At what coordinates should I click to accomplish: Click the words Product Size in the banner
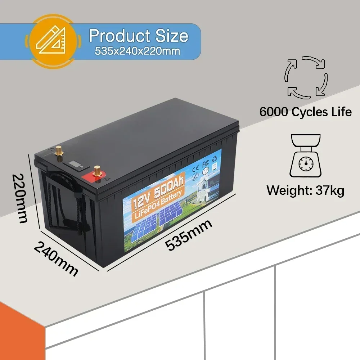pyautogui.click(x=138, y=36)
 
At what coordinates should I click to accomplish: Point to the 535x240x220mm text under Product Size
pyautogui.click(x=138, y=51)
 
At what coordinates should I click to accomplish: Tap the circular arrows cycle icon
pyautogui.click(x=306, y=77)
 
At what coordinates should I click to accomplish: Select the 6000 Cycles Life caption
pyautogui.click(x=305, y=112)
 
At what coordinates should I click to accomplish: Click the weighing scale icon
pyautogui.click(x=306, y=156)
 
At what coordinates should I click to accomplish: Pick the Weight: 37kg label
pyautogui.click(x=305, y=190)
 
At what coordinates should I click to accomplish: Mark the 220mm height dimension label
pyautogui.click(x=20, y=198)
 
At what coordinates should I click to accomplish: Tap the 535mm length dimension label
pyautogui.click(x=189, y=234)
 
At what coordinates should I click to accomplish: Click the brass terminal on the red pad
pyautogui.click(x=97, y=171)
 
